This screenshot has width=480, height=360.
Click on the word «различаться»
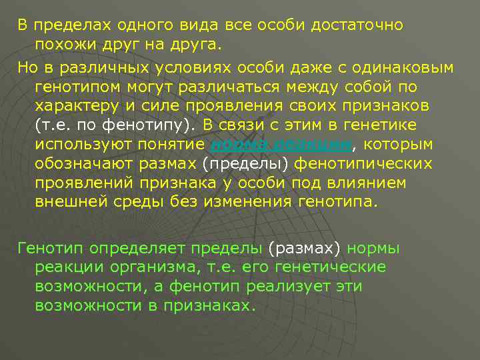(x=235, y=87)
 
